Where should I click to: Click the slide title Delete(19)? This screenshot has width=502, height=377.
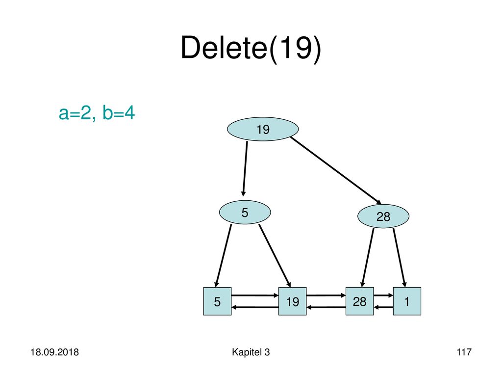pyautogui.click(x=251, y=48)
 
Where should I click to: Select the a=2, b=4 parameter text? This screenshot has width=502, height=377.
pyautogui.click(x=97, y=113)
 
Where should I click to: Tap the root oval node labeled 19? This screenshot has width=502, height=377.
pyautogui.click(x=263, y=129)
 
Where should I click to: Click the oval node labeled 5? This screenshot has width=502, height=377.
pyautogui.click(x=245, y=212)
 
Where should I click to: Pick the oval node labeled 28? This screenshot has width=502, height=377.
pyautogui.click(x=383, y=216)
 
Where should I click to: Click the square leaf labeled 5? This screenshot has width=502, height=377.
pyautogui.click(x=217, y=301)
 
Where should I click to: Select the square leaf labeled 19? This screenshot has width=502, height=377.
pyautogui.click(x=292, y=301)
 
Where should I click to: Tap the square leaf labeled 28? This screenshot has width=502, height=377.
pyautogui.click(x=359, y=301)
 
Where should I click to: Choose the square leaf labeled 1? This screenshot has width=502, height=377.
pyautogui.click(x=407, y=301)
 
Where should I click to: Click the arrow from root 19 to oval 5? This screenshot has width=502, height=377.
pyautogui.click(x=245, y=169)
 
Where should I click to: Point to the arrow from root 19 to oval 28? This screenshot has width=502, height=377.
pyautogui.click(x=336, y=170)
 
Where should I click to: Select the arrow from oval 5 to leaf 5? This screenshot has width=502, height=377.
pyautogui.click(x=224, y=255)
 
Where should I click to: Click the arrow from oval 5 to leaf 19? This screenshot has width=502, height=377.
pyautogui.click(x=275, y=255)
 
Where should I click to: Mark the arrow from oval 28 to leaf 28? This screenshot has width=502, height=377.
pyautogui.click(x=368, y=257)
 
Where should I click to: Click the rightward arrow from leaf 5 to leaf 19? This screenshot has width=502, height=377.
pyautogui.click(x=255, y=295)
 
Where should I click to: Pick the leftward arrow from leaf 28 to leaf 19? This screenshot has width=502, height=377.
pyautogui.click(x=326, y=307)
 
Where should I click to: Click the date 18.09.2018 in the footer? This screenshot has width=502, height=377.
pyautogui.click(x=54, y=352)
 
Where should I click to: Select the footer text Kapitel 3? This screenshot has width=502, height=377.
pyautogui.click(x=251, y=352)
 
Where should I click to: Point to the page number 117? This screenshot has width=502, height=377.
pyautogui.click(x=464, y=352)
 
